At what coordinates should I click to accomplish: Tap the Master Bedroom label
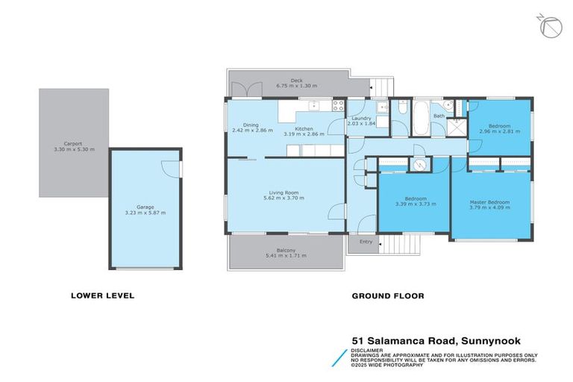point(489,202)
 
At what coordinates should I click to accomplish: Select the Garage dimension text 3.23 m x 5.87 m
point(145,213)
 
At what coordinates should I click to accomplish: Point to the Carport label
point(73,143)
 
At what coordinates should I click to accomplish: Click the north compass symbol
point(549,26)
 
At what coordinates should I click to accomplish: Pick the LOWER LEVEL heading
point(102,295)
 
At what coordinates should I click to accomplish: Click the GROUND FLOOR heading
point(387,295)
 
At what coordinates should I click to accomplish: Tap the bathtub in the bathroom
point(420,120)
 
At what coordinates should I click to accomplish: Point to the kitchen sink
point(315,105)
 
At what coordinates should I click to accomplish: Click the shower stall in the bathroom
point(453,127)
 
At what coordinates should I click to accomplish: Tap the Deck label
point(296,80)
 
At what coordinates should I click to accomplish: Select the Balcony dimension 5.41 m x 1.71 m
point(286,256)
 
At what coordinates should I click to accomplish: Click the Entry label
point(366,242)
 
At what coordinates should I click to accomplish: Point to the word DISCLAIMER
point(369,348)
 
